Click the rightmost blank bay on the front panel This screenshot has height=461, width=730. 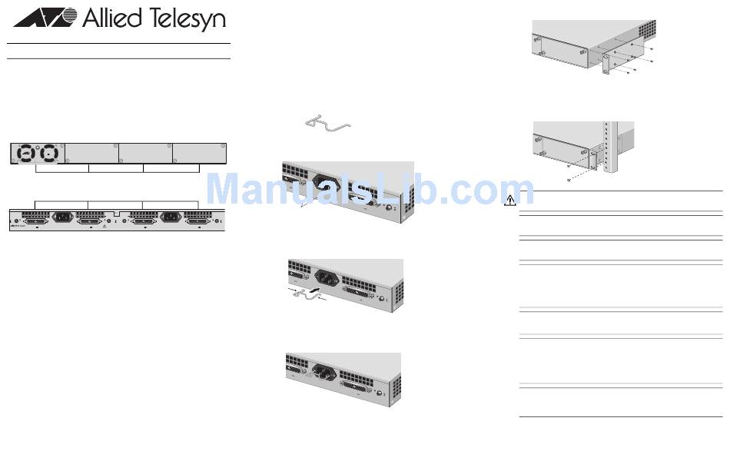pos(199,152)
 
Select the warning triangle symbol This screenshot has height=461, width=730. pos(510,201)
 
